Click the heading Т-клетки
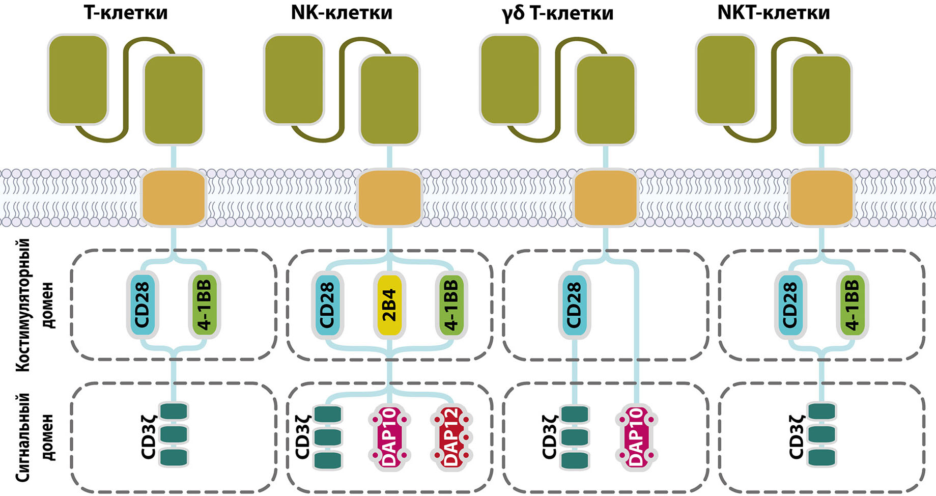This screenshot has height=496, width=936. click(125, 13)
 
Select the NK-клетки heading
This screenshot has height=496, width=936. click(342, 13)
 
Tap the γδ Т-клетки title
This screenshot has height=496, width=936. click(557, 13)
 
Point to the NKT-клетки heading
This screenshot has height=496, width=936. click(773, 13)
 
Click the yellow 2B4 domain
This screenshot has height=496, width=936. click(389, 305)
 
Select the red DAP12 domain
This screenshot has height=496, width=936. click(452, 437)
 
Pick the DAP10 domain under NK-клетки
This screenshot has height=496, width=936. click(390, 437)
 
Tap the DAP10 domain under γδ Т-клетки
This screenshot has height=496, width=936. click(637, 437)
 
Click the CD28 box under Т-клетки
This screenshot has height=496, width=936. click(143, 305)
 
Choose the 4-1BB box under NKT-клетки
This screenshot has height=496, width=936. click(853, 305)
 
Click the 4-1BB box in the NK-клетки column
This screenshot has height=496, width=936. click(452, 305)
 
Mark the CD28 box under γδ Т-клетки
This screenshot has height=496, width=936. click(574, 305)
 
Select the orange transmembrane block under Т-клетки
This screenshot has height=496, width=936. click(174, 198)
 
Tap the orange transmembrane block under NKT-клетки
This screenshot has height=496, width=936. click(821, 198)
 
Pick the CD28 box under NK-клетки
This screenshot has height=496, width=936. click(327, 305)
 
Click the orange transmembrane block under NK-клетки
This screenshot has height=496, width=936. click(390, 198)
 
